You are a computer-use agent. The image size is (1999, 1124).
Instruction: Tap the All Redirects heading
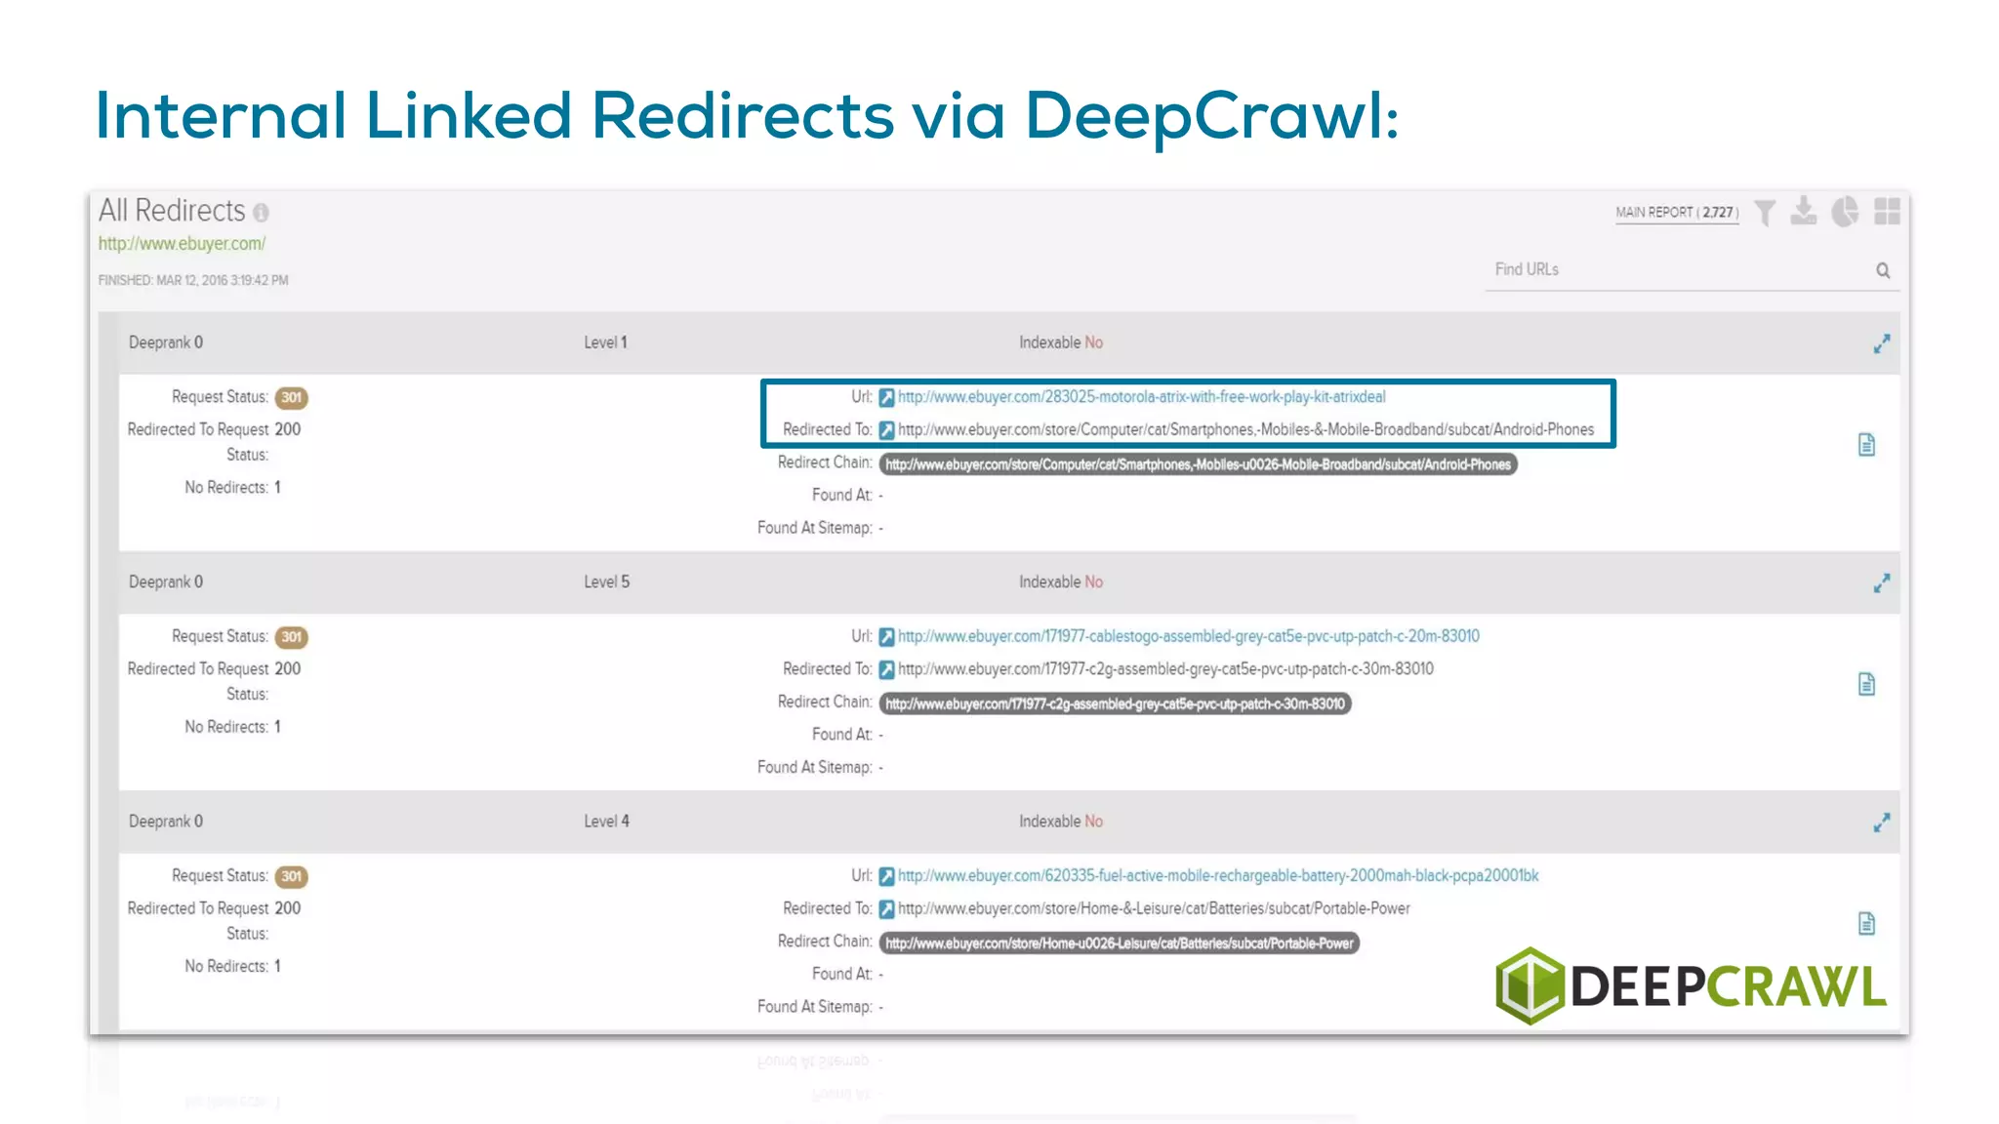[x=172, y=211]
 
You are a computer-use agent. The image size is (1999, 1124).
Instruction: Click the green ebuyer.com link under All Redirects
[x=182, y=244]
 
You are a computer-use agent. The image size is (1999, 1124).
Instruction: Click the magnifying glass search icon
[x=1883, y=270]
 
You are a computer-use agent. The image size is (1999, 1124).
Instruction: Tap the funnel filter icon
[x=1765, y=212]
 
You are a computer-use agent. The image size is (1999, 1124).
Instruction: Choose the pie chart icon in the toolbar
[x=1845, y=212]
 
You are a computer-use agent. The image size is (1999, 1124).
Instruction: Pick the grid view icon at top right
[x=1887, y=212]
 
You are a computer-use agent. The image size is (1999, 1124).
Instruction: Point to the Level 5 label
[x=606, y=582]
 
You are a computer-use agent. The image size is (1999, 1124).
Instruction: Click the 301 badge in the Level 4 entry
[x=291, y=876]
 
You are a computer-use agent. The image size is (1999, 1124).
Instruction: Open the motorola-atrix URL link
[x=1141, y=397]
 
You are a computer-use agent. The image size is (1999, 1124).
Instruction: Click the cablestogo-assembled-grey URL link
[x=1188, y=636]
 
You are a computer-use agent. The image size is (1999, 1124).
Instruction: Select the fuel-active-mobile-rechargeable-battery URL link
[x=1217, y=876]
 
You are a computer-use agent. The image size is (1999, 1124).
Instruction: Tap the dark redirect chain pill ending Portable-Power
[x=1119, y=943]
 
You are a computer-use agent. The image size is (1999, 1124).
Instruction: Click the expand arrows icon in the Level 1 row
[x=1882, y=343]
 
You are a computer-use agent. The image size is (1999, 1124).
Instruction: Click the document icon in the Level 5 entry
[x=1866, y=684]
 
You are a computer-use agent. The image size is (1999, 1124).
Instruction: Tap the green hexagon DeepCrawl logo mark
[x=1530, y=985]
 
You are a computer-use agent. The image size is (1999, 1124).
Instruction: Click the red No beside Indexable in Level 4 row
[x=1093, y=822]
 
